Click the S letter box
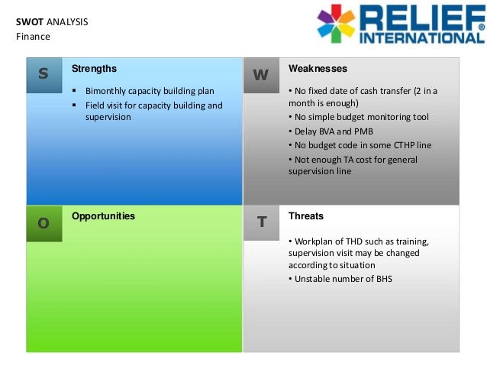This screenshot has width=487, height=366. point(44,75)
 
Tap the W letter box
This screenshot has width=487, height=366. point(261,75)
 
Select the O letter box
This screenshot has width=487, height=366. point(44,223)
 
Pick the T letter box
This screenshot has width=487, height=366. point(261,222)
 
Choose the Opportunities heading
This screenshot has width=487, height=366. point(103,216)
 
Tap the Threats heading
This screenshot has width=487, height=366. point(306,216)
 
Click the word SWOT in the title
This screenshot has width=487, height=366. point(30,22)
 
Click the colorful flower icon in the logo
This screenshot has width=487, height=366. point(337,23)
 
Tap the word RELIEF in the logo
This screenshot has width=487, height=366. point(421,17)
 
